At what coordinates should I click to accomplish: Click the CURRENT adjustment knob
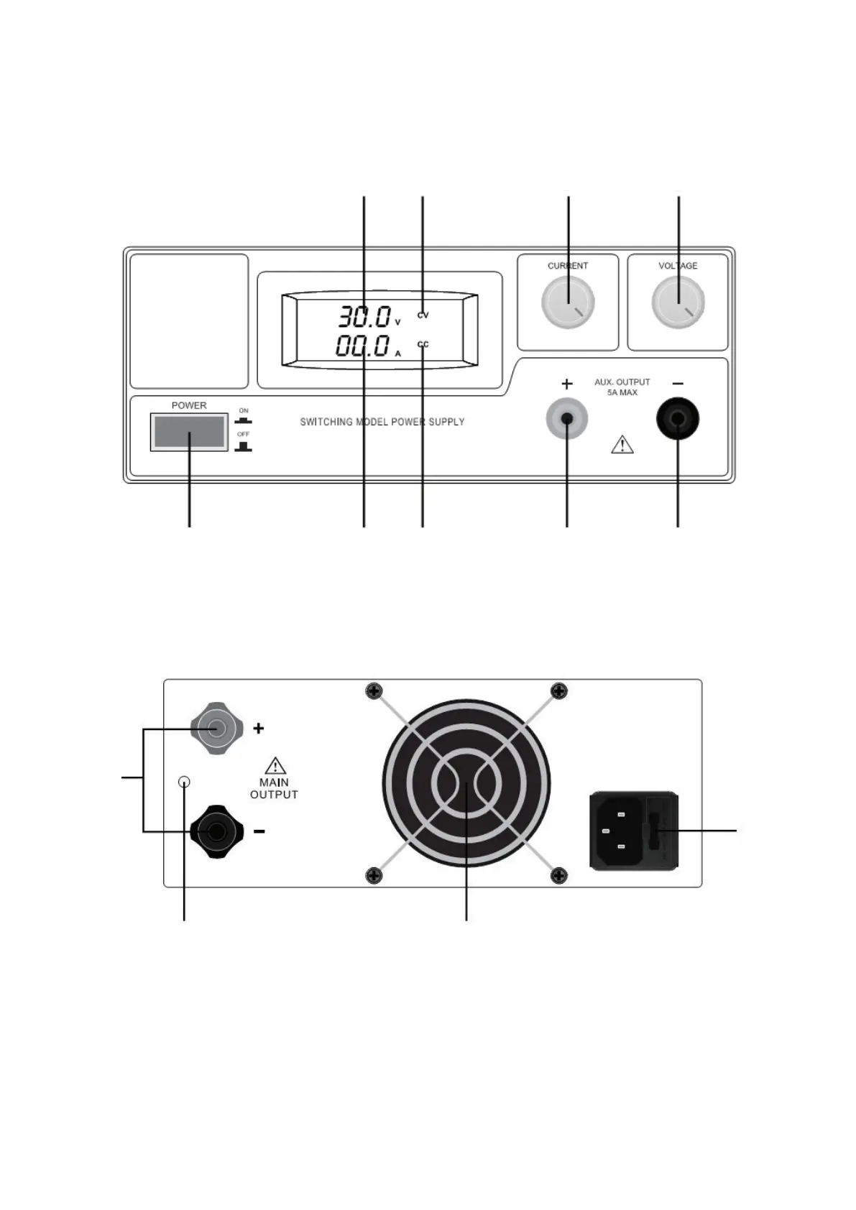point(568,302)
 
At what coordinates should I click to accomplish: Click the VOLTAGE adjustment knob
point(678,302)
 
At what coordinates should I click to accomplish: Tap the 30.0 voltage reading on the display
point(364,317)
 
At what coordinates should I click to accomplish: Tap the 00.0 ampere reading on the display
point(362,346)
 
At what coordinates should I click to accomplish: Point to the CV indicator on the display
point(423,315)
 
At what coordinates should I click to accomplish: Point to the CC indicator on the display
point(423,344)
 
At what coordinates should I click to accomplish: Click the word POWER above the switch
point(189,405)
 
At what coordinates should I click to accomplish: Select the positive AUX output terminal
point(567,419)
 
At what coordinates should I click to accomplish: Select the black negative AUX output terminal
point(678,419)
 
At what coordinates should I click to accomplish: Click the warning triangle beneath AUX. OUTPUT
point(622,444)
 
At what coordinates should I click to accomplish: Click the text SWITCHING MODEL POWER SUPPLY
point(382,422)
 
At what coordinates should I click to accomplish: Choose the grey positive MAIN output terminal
point(217,728)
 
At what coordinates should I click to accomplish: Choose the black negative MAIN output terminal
point(217,832)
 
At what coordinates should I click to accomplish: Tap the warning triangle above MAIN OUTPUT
point(275,765)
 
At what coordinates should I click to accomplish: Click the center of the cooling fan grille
point(466,783)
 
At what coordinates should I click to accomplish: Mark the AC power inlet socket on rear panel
point(634,831)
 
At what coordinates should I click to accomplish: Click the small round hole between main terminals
point(184,782)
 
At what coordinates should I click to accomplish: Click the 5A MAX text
point(622,393)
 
